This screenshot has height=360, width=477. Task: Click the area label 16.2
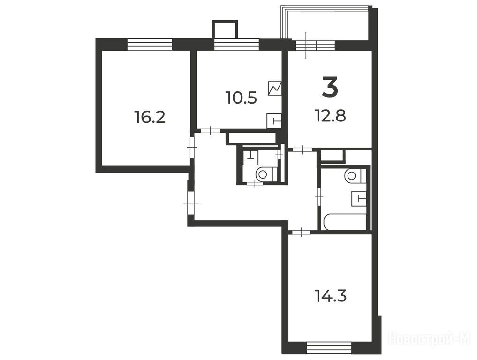(150, 117)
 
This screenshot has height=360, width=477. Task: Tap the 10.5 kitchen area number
(241, 98)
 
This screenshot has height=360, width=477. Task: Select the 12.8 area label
(330, 116)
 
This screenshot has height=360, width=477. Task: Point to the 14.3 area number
(331, 296)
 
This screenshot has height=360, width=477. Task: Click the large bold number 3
(330, 88)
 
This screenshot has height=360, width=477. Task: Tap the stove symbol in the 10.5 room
(274, 88)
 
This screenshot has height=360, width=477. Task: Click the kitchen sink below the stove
(273, 121)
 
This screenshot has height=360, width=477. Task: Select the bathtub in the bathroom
(345, 222)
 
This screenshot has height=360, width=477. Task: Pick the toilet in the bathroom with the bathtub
(356, 175)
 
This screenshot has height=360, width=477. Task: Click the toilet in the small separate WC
(266, 174)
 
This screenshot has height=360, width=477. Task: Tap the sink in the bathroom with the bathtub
(359, 199)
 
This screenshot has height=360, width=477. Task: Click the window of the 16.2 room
(149, 44)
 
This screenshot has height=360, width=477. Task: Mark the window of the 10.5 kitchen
(237, 44)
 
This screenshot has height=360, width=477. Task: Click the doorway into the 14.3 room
(301, 232)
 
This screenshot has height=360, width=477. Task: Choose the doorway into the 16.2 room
(192, 147)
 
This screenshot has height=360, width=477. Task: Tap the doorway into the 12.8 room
(303, 149)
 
